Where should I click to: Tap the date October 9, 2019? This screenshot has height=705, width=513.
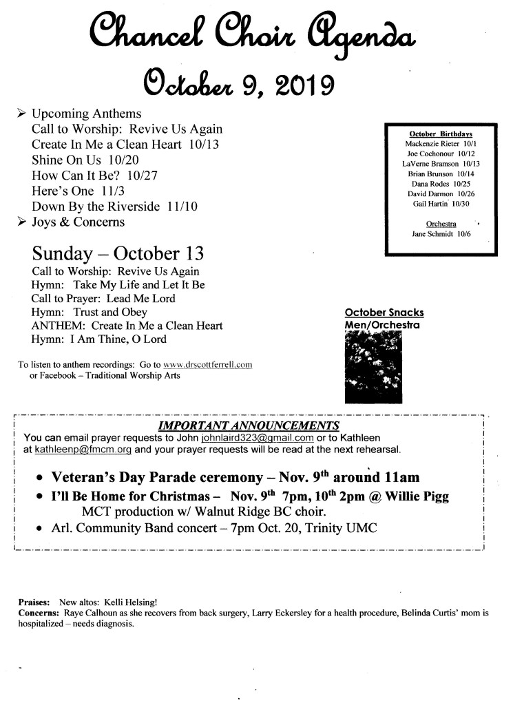238,84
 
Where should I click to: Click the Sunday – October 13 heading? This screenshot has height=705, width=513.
118,251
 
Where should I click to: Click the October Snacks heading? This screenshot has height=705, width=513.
384,313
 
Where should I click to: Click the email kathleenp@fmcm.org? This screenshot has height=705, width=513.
82,450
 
